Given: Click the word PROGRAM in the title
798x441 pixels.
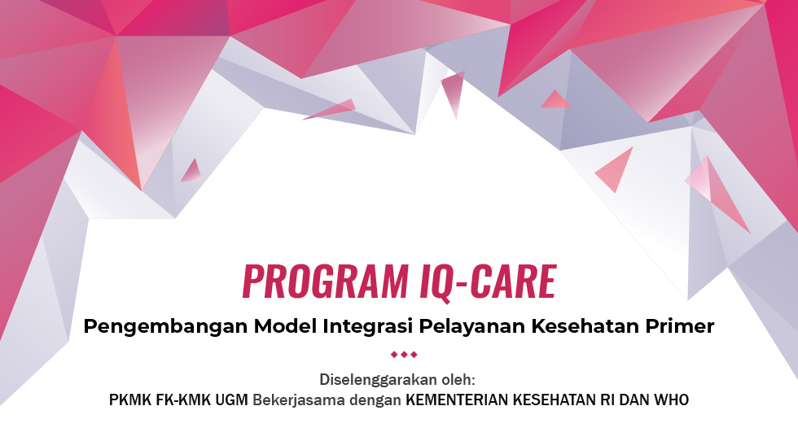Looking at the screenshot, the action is [325, 282].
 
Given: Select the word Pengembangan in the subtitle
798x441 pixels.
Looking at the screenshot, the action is [166, 326].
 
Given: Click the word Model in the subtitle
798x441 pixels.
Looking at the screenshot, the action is [286, 325].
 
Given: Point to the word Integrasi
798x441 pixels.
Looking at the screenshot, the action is [367, 326].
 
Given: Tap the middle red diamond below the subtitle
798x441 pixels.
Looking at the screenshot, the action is [404, 355].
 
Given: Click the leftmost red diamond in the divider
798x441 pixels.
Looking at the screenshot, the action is [394, 355].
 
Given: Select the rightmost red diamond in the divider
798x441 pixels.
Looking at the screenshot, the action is [414, 355].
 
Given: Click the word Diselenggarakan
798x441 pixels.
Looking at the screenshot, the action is [378, 380].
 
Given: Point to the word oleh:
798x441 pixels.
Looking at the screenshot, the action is [458, 379].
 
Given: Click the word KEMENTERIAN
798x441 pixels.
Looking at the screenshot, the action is [457, 400].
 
